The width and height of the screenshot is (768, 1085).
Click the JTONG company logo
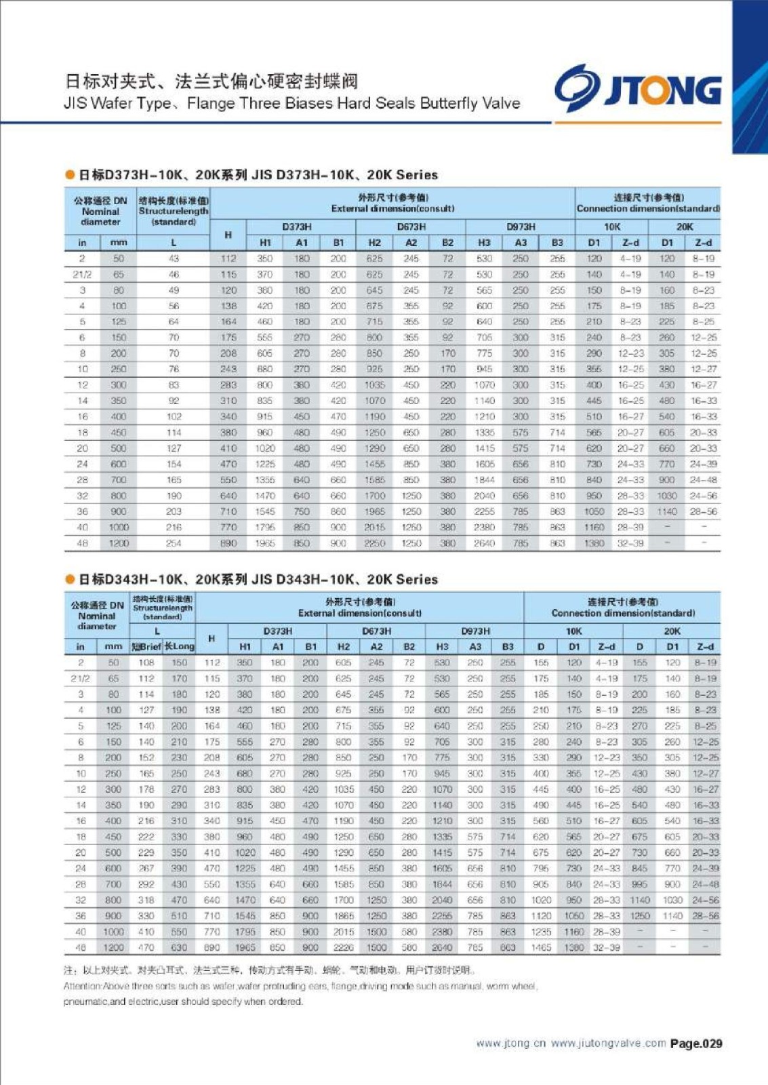pos(638,89)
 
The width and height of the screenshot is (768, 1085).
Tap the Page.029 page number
pos(696,1044)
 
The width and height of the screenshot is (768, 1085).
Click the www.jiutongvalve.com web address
pos(608,1044)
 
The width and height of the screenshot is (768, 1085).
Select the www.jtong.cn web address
pos(510,1044)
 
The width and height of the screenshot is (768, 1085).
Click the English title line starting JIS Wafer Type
pos(291,104)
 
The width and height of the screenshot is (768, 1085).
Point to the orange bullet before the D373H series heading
pos(69,175)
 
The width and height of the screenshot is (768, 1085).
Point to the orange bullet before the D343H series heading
pos(69,579)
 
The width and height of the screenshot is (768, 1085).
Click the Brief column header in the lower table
pos(146,647)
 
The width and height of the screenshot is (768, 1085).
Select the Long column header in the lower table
pos(180,647)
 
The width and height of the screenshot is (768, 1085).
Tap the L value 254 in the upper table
pos(174,543)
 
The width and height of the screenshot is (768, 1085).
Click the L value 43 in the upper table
pos(174,258)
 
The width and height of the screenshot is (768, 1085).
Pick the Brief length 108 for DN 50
pos(146,663)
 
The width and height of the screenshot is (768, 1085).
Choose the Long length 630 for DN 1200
pos(180,947)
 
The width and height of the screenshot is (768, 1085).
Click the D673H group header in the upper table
pos(411,227)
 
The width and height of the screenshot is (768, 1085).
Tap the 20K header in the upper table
pos(685,227)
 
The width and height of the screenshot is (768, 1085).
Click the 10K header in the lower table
pos(573,631)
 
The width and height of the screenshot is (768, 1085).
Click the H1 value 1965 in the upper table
pos(265,543)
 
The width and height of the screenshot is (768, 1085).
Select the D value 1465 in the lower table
pos(541,947)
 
